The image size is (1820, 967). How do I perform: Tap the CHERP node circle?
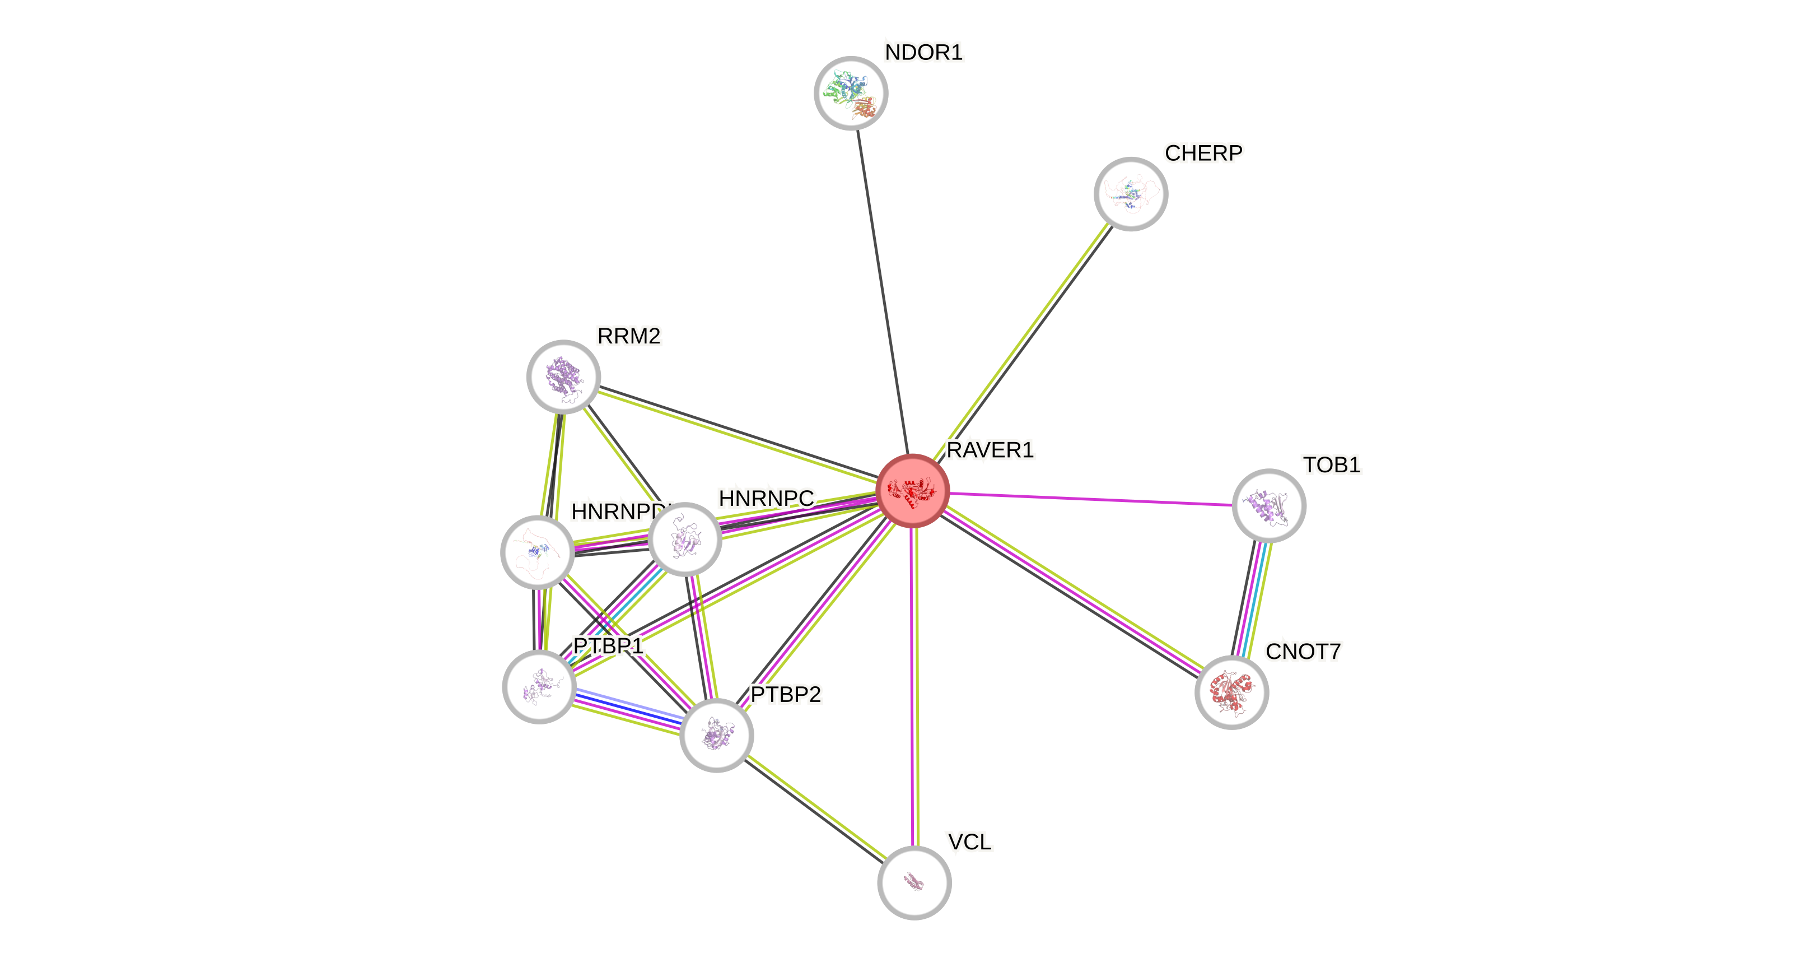coord(1131,194)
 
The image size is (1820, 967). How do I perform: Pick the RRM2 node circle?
coord(563,376)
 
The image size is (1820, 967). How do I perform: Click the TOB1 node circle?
coord(1269,506)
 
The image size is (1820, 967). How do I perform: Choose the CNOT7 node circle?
coord(1231,692)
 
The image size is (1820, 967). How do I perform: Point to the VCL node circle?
coord(914,882)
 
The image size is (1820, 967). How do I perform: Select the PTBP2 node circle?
coord(716,735)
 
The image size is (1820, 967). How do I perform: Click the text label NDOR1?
coord(923,52)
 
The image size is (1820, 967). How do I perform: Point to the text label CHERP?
coord(1203,153)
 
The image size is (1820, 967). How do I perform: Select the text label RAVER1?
coord(990,449)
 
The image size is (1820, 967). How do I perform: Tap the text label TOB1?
coord(1331,464)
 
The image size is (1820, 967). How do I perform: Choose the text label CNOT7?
coord(1303,651)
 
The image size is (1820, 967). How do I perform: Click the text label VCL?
coord(969,842)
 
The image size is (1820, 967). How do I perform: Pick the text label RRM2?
coord(629,336)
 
